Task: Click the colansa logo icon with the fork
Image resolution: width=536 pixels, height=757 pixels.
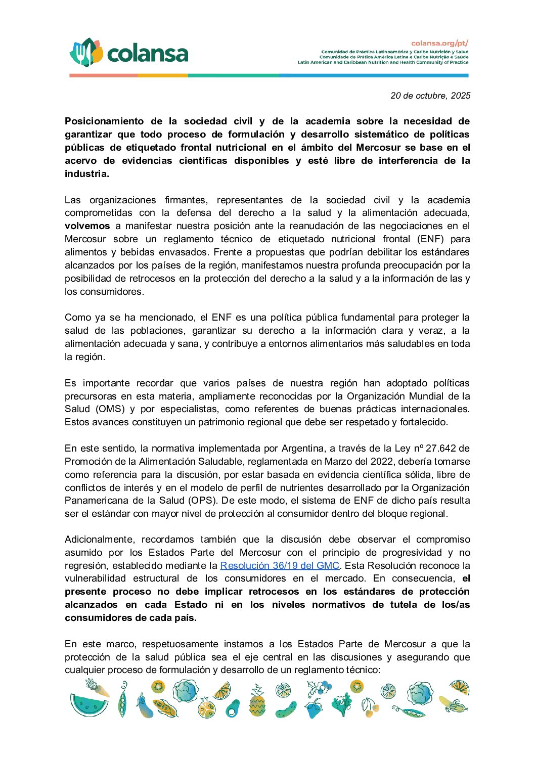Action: pos(86,53)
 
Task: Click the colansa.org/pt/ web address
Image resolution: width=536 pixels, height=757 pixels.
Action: pos(439,43)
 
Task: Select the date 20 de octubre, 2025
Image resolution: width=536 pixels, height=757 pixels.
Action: pos(430,96)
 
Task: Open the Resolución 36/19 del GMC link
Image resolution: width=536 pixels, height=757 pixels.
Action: pos(280,565)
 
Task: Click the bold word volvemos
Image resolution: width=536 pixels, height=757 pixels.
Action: pos(87,226)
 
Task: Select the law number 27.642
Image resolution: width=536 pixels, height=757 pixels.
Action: pos(441,449)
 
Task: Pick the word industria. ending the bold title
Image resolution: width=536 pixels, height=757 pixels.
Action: pos(87,174)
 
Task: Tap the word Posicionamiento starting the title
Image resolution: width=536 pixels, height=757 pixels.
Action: pos(104,121)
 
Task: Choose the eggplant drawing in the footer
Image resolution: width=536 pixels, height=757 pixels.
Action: pos(145,705)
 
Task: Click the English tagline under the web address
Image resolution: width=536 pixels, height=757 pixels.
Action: pos(383,62)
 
